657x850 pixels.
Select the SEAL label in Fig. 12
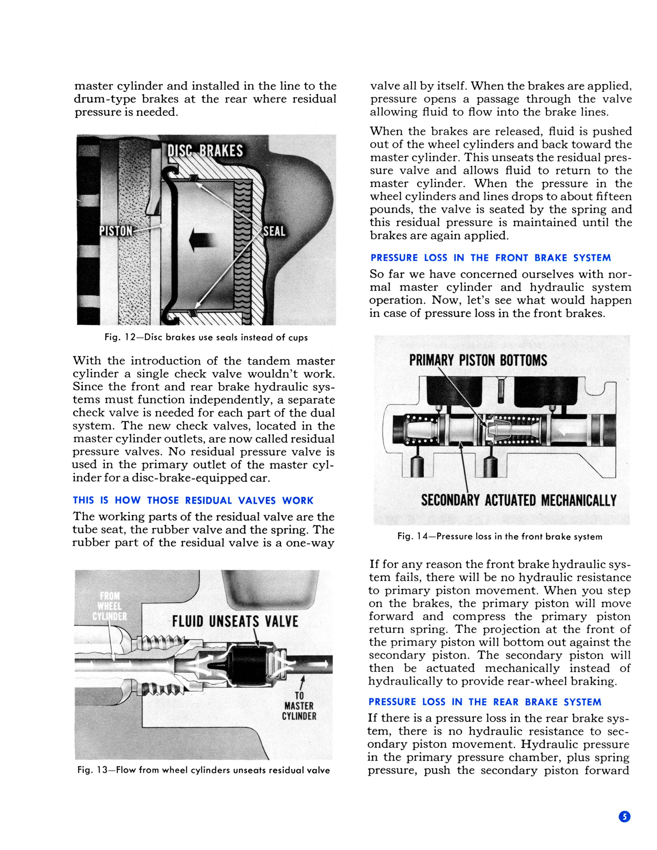pos(274,231)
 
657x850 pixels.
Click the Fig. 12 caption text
pos(206,337)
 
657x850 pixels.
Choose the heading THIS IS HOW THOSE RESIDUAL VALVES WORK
pos(193,500)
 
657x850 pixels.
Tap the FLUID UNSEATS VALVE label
pos(235,621)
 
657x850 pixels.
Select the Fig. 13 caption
pos(204,770)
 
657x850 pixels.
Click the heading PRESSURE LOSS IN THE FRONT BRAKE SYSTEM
pos(490,258)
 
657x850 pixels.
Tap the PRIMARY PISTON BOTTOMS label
pos(478,360)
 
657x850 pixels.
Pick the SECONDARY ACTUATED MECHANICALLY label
pos(518,500)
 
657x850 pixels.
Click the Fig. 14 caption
pos(500,537)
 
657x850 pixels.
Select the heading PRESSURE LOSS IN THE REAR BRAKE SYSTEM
pos(485,702)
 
